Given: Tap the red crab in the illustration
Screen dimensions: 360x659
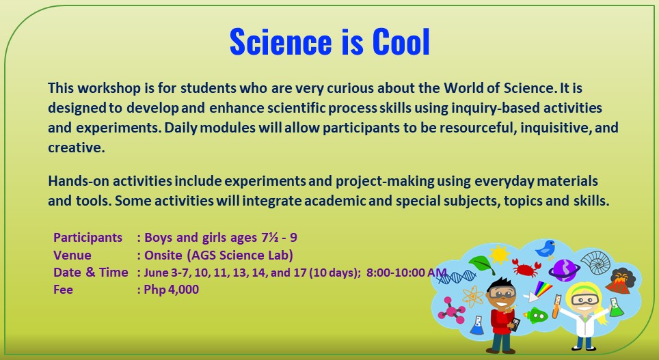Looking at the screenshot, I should point(526,267).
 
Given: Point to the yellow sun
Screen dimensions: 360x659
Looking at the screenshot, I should point(500,255).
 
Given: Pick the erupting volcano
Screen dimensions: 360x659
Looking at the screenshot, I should point(621,281).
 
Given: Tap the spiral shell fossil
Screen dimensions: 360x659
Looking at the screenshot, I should point(595,261).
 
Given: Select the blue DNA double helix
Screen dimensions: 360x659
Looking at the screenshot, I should point(455,276).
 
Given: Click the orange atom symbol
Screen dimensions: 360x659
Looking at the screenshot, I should point(473,297).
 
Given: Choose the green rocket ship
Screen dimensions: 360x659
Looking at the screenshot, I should point(538,314).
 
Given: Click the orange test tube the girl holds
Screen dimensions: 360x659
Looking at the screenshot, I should point(557,307).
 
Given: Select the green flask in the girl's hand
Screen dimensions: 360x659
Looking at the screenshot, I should point(617,308).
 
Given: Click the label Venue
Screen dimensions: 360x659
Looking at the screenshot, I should point(72,255).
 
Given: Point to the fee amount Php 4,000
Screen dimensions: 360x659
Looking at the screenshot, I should point(172,289).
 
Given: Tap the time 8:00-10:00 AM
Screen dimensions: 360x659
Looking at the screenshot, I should point(406,273).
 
